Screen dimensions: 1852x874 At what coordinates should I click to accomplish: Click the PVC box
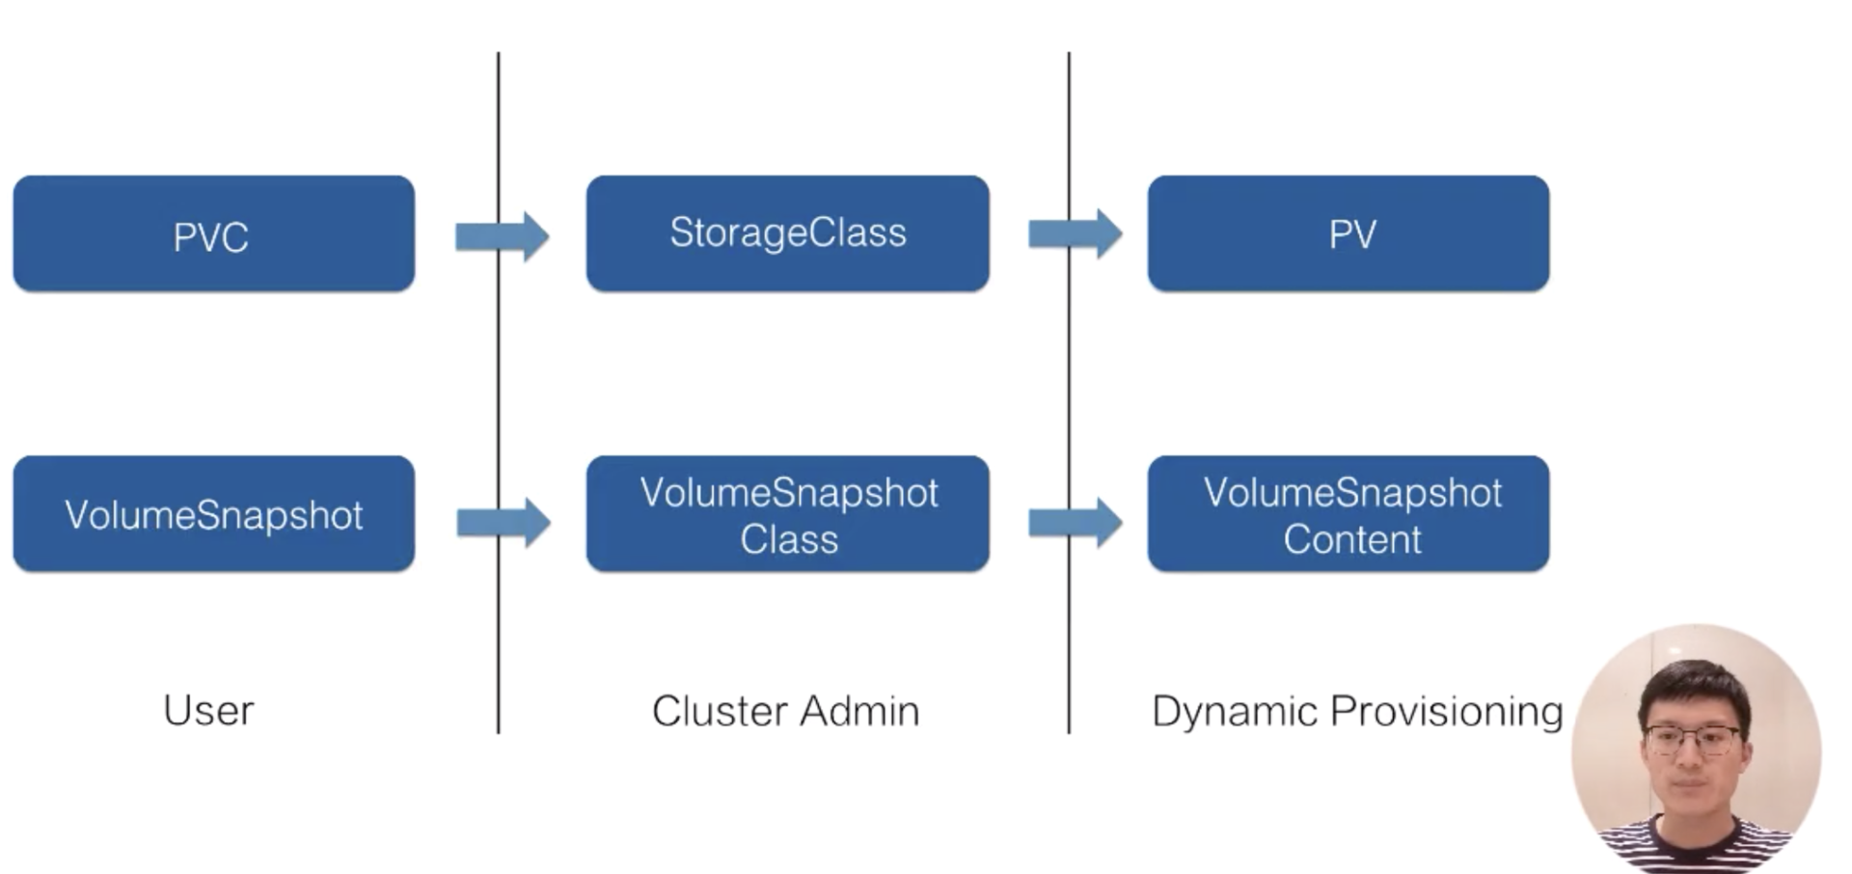214,233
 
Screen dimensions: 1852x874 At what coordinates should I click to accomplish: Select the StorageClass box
788,233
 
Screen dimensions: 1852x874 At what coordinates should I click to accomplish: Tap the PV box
1348,233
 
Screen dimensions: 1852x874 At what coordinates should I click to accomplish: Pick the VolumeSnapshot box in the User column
214,514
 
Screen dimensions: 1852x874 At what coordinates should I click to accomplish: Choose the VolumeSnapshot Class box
788,514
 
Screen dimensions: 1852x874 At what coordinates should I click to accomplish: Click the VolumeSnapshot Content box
1348,514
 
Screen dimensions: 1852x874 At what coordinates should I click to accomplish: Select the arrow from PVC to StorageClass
503,236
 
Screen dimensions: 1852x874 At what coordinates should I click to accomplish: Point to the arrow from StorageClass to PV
1076,233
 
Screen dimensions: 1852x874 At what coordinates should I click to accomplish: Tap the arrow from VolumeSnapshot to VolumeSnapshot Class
504,523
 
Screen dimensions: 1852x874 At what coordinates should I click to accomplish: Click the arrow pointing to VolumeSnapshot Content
1076,523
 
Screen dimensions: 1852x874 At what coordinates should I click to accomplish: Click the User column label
208,711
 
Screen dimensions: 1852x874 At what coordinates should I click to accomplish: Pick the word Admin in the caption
859,711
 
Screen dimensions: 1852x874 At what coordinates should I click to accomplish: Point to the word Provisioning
1447,712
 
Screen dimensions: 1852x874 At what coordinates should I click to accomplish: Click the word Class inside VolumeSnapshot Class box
789,539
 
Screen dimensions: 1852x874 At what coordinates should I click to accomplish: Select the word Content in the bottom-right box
1352,539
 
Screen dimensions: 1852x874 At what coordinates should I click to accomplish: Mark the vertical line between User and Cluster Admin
499,393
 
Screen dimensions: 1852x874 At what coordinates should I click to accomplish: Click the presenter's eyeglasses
1694,741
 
